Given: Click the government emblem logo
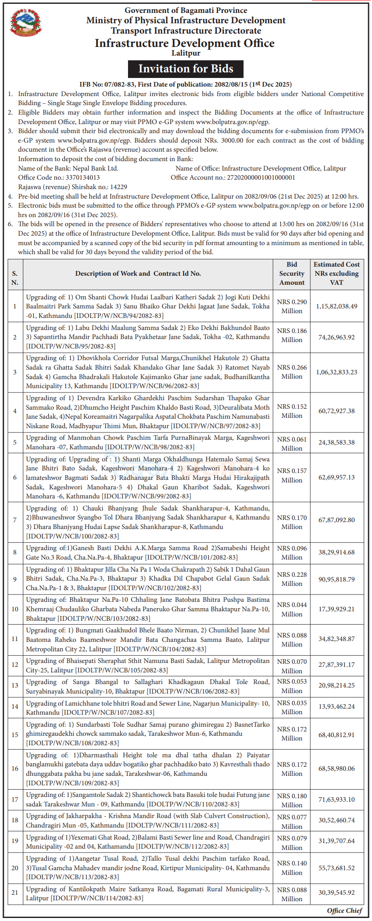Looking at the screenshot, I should pyautogui.click(x=25, y=24).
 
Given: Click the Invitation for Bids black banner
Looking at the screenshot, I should pyautogui.click(x=186, y=69).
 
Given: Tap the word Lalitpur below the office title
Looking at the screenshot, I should pyautogui.click(x=186, y=53).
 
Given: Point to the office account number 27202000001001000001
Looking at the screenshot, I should pyautogui.click(x=261, y=177).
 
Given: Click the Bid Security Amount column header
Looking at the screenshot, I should pyautogui.click(x=292, y=274).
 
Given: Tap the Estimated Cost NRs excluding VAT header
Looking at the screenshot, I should pyautogui.click(x=336, y=274).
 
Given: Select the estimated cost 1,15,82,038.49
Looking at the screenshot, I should pyautogui.click(x=336, y=307).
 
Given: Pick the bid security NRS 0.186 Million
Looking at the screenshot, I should pyautogui.click(x=292, y=336).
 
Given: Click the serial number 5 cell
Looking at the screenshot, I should pyautogui.click(x=15, y=442).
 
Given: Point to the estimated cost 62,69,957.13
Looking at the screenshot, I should pyautogui.click(x=336, y=477).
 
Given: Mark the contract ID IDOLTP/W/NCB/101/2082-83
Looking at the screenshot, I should pyautogui.click(x=191, y=557).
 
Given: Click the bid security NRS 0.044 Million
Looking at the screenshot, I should pyautogui.click(x=292, y=610).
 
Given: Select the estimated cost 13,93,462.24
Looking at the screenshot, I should pyautogui.click(x=336, y=706).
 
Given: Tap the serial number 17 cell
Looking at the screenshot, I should pyautogui.click(x=15, y=800).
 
